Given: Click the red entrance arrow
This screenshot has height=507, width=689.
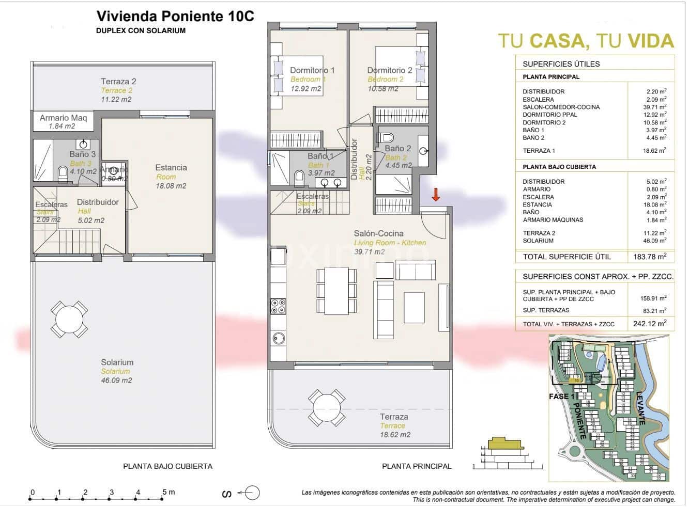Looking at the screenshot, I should tap(436, 195).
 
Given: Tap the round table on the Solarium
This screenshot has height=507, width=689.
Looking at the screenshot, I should tap(69, 319).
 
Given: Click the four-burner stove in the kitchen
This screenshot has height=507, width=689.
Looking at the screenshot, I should tap(279, 306).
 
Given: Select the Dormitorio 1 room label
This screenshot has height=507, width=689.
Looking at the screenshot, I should tap(312, 70).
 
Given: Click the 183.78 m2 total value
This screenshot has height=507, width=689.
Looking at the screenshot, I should tap(649, 257).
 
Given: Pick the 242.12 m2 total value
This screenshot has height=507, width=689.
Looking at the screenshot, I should tap(649, 324).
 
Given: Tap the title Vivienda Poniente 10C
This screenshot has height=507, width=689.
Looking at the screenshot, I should tap(175, 17).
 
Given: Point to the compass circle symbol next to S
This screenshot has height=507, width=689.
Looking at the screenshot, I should tap(252, 494).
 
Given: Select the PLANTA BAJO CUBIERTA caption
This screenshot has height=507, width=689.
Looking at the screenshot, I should tap(167, 466).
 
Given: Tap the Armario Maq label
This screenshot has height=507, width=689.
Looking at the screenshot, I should tap(63, 118).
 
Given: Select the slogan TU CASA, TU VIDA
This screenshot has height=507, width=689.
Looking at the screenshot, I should tap(586, 41).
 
